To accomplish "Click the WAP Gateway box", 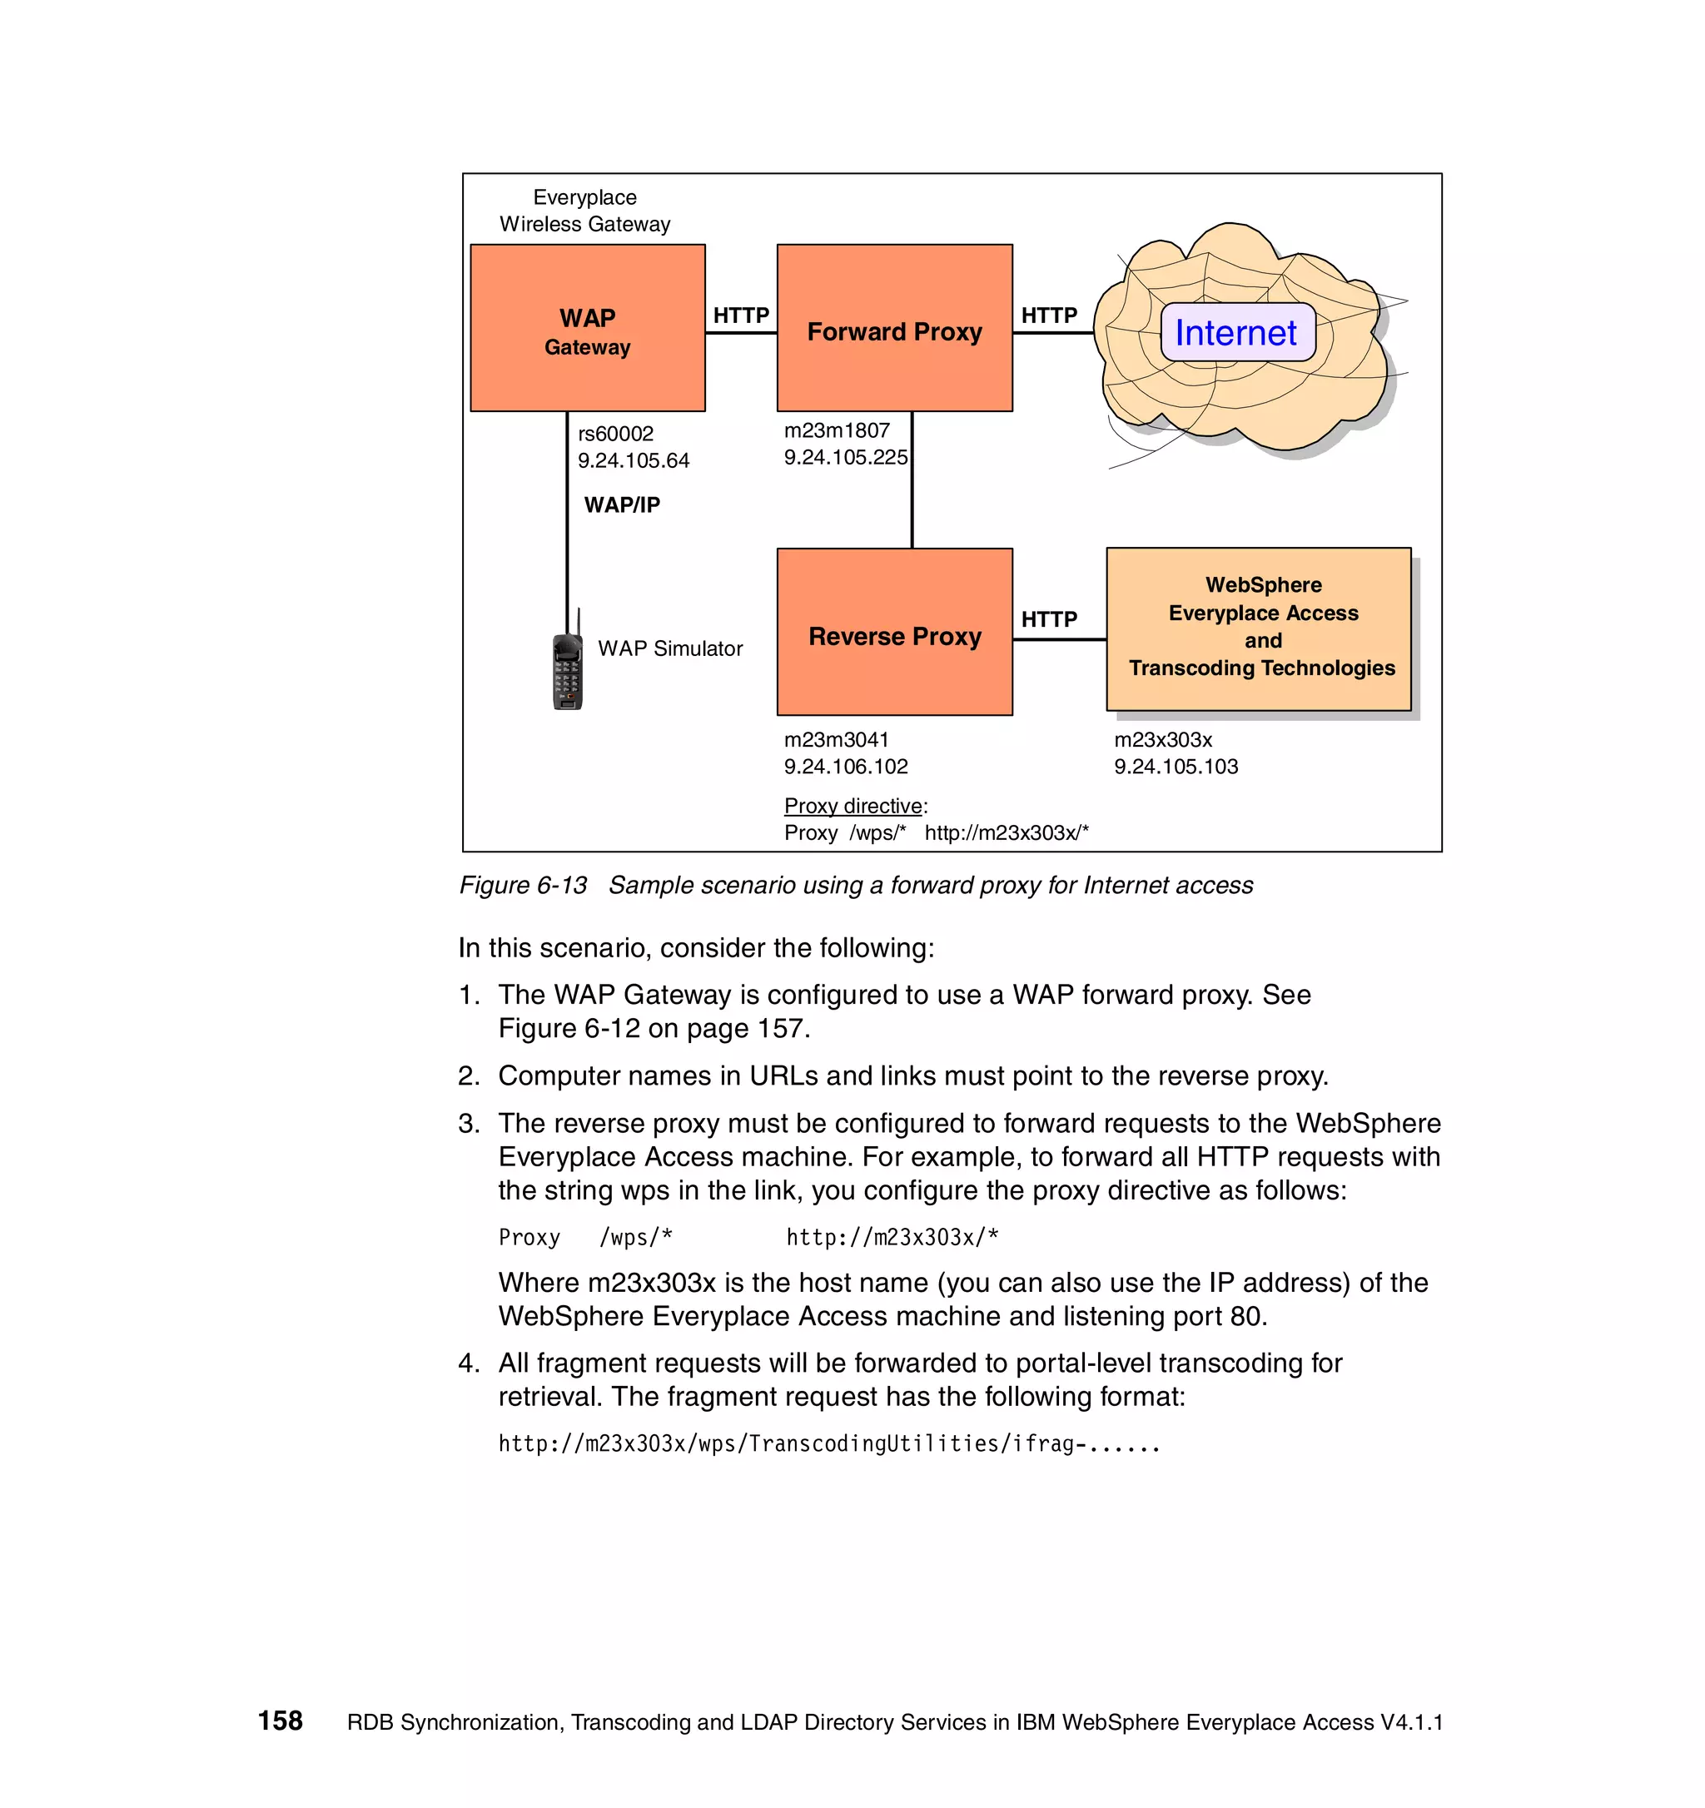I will (588, 327).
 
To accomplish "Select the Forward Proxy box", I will (894, 327).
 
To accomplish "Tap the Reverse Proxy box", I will (894, 632).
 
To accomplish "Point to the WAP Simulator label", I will (670, 648).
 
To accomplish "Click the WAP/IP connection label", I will (622, 504).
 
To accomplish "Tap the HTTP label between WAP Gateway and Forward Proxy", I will (741, 315).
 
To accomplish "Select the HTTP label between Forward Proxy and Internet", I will (1048, 315).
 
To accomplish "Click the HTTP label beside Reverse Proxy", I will (1048, 619).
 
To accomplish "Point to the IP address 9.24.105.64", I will (634, 461).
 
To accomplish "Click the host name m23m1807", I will (837, 430).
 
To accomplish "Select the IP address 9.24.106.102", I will (846, 767).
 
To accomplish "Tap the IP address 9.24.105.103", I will (1176, 767).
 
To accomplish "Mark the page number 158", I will (280, 1721).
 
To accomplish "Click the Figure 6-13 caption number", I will (523, 885).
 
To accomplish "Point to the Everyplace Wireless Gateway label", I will (584, 211).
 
